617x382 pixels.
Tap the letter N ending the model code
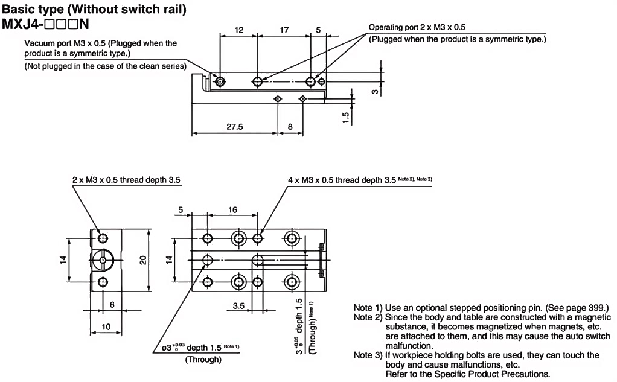click(85, 26)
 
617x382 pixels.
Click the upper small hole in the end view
click(101, 237)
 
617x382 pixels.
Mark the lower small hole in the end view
click(101, 283)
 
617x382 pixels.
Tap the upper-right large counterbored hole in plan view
click(293, 237)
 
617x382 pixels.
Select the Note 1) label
click(365, 307)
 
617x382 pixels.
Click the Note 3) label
click(365, 357)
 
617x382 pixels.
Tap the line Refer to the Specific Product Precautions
click(467, 375)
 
